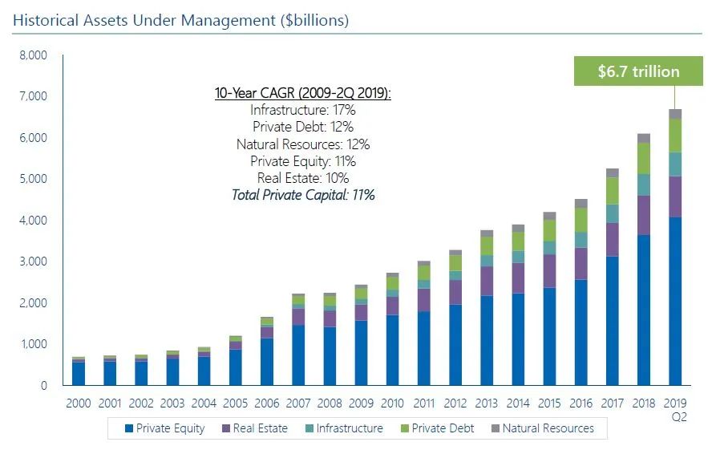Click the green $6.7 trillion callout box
pyautogui.click(x=638, y=71)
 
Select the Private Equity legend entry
pyautogui.click(x=165, y=428)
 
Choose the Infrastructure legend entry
pyautogui.click(x=342, y=428)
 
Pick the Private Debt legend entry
pyautogui.click(x=436, y=428)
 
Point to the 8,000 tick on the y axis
pyautogui.click(x=33, y=55)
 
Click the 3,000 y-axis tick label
pyautogui.click(x=33, y=261)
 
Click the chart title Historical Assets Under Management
pyautogui.click(x=180, y=21)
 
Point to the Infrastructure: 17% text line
pyautogui.click(x=302, y=110)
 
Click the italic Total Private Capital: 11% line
pyautogui.click(x=302, y=194)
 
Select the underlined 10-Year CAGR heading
pyautogui.click(x=302, y=93)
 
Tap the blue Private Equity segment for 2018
pyautogui.click(x=644, y=310)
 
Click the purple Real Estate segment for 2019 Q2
pyautogui.click(x=675, y=197)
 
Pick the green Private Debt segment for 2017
pyautogui.click(x=613, y=190)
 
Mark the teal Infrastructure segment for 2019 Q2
pyautogui.click(x=675, y=164)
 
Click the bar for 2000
pyautogui.click(x=79, y=371)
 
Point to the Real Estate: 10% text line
pyautogui.click(x=302, y=177)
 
